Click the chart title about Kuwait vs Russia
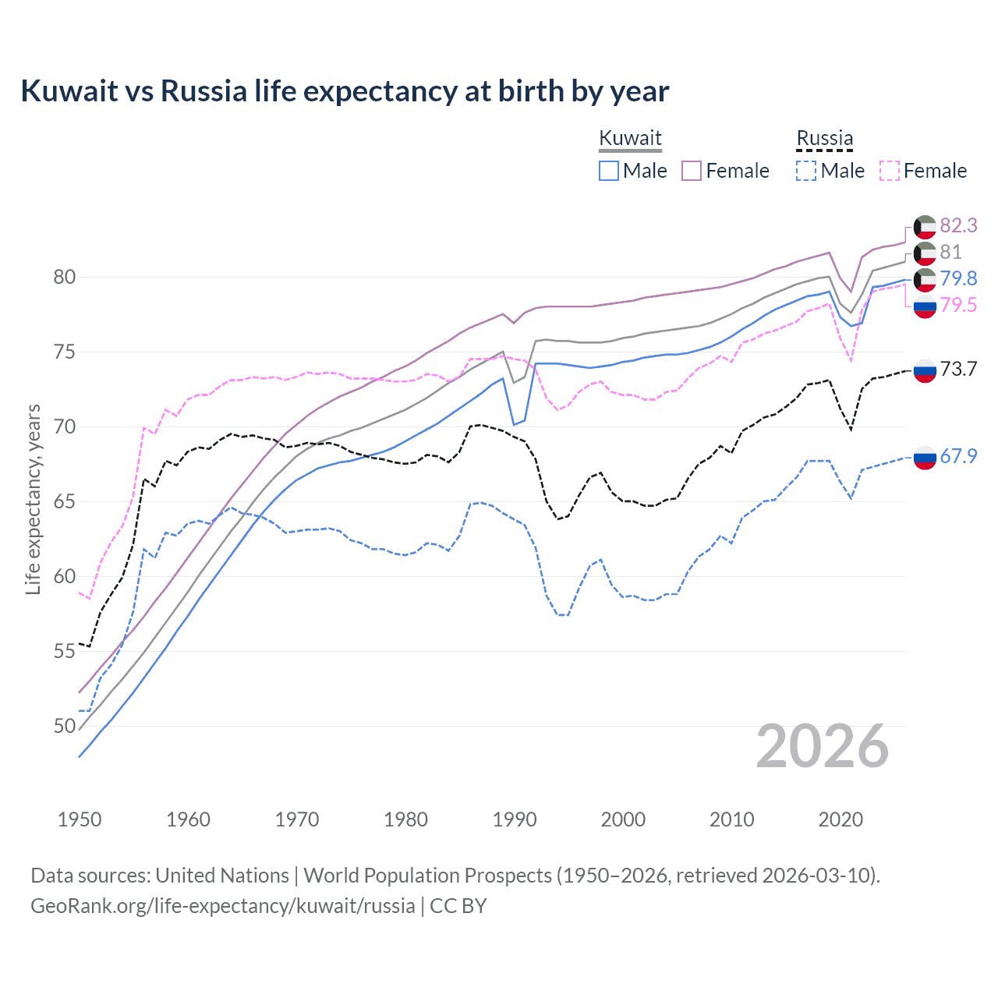click(345, 91)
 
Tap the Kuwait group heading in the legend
click(630, 138)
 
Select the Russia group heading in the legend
click(824, 138)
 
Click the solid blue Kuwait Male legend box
click(609, 171)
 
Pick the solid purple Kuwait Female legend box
click(692, 171)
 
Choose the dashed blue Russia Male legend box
click(806, 171)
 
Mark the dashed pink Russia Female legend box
click(890, 171)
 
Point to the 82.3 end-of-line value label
click(958, 225)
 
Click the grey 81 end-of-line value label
click(950, 252)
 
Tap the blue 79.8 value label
click(958, 278)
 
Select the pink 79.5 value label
click(958, 305)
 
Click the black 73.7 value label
click(958, 369)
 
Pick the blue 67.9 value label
click(958, 456)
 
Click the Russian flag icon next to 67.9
click(925, 458)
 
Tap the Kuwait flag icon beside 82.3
click(925, 227)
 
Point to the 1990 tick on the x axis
click(515, 819)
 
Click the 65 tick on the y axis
click(65, 501)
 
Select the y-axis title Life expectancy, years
click(33, 499)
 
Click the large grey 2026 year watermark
click(822, 746)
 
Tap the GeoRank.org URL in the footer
click(222, 906)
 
